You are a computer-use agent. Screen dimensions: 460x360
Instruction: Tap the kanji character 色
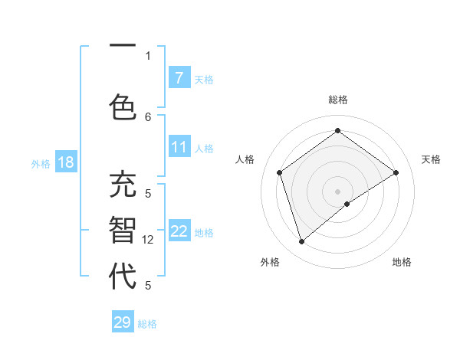123,106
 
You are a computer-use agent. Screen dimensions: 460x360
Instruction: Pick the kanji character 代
123,276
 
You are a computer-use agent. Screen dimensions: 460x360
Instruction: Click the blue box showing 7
179,78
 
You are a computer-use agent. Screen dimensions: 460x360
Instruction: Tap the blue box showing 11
179,147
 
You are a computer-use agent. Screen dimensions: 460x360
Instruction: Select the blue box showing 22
179,231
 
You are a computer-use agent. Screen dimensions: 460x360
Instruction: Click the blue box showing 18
65,162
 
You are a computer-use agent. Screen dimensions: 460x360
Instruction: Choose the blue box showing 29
123,322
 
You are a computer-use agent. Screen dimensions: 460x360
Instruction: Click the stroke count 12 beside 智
149,239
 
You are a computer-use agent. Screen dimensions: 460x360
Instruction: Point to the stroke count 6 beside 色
148,116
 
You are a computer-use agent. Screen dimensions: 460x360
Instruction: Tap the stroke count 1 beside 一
148,55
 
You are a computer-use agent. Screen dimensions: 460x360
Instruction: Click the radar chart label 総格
338,100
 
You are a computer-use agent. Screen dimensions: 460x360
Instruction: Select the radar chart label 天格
431,159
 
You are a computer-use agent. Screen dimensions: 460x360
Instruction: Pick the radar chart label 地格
402,262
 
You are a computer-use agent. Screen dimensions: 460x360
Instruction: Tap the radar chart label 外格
270,262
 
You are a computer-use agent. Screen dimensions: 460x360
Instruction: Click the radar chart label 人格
245,159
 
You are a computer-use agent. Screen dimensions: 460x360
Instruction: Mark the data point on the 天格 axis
396,172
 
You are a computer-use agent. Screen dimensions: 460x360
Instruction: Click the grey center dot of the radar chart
338,191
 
